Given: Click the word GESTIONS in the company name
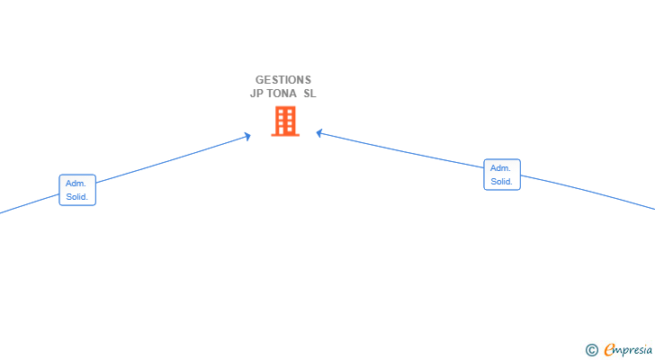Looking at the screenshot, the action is [283, 80].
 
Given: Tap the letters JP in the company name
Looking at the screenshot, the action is [256, 94].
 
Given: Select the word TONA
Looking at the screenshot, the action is [282, 94].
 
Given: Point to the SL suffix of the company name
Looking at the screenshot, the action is [310, 94].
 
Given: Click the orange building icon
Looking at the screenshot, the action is [285, 121].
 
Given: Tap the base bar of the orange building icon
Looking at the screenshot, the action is [285, 135].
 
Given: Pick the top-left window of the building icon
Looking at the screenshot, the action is [281, 112].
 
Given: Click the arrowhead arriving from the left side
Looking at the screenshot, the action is [247, 136].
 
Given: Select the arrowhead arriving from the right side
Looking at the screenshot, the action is [319, 133].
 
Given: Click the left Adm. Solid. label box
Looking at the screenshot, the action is [77, 190].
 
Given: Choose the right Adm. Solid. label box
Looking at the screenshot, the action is [502, 175].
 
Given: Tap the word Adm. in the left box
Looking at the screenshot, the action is [76, 184].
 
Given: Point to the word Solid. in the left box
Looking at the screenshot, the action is [77, 197].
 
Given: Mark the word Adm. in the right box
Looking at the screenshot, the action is [500, 168].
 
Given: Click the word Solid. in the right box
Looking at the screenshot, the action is [502, 181].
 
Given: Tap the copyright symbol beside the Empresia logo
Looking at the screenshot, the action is [591, 350].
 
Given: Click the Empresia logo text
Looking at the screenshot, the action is [628, 350].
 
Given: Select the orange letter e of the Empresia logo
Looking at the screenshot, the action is [609, 349].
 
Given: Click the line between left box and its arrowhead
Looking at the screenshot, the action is [174, 159].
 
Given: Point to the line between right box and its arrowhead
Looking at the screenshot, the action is [400, 150].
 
